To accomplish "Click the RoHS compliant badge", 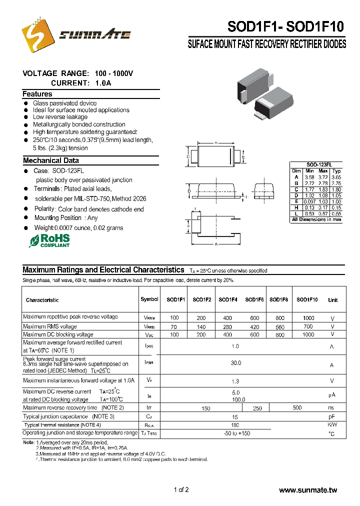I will [x=49, y=240].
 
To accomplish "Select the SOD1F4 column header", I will [x=227, y=300].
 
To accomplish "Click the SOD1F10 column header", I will [x=307, y=300].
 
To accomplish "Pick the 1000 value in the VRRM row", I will [x=308, y=318].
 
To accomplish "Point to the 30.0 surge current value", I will [x=235, y=363].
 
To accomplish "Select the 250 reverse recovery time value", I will [x=257, y=408].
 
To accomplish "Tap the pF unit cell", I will [x=331, y=416].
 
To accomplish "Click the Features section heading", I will [x=37, y=94].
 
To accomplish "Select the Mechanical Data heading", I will [x=51, y=160].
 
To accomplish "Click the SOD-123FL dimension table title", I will [x=316, y=164].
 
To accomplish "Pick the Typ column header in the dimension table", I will [x=336, y=171].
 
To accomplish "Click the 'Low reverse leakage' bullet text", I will [x=60, y=117].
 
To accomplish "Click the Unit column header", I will [x=332, y=300].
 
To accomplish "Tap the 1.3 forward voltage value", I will [x=235, y=381].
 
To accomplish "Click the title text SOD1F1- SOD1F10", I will [x=286, y=26].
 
